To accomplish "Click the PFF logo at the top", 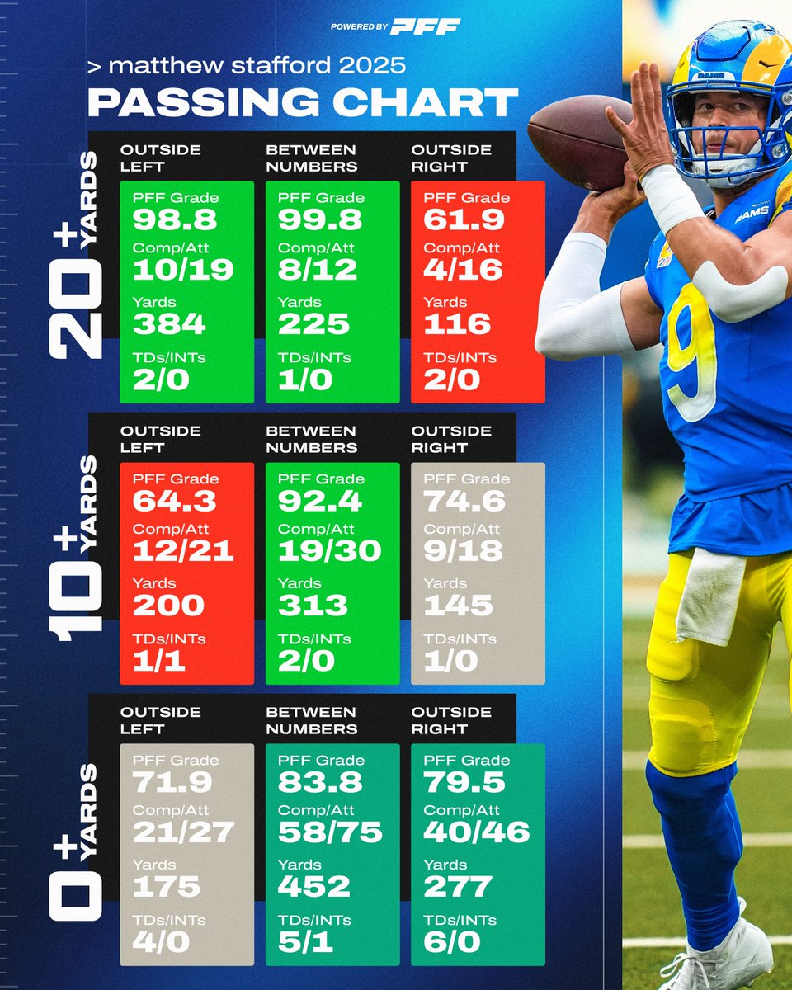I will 425,26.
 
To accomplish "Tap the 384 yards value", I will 168,324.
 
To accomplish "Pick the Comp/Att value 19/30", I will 329,551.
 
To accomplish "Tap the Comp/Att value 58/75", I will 330,832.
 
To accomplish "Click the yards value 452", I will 313,887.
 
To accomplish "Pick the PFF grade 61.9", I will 451,220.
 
